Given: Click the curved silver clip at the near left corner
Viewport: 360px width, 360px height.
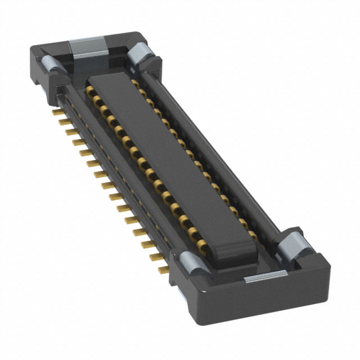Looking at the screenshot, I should point(190,261).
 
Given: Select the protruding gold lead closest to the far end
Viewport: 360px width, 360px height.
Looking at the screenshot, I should point(57,112).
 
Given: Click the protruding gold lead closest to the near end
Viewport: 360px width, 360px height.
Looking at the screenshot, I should point(163,270).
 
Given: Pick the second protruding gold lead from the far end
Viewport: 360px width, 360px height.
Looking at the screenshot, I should point(63,121).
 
